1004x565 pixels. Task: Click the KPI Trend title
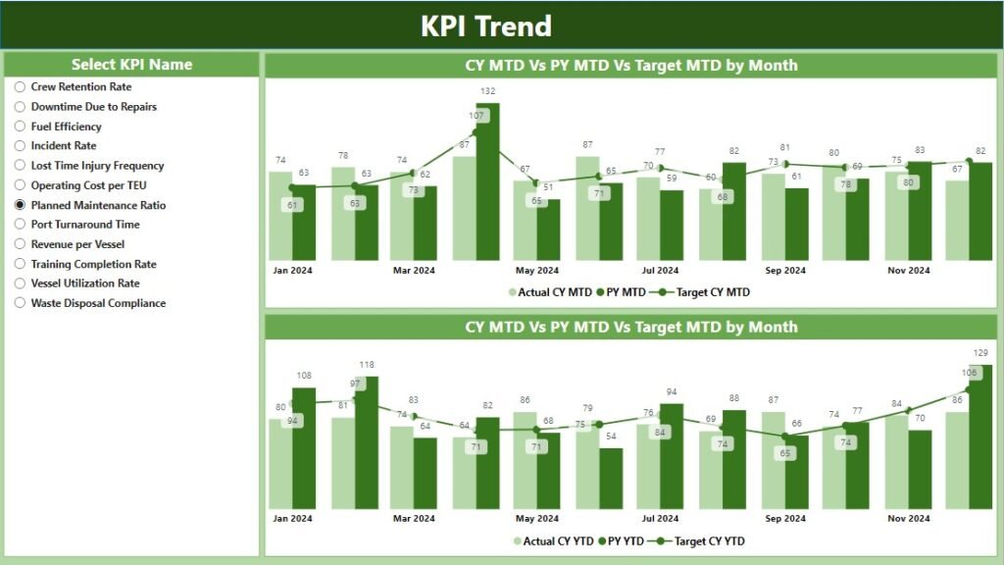coord(486,26)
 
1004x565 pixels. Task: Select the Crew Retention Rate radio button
coord(20,86)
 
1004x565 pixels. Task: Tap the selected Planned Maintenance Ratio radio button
coord(20,205)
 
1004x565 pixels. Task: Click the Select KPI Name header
coord(131,65)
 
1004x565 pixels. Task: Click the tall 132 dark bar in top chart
coord(487,186)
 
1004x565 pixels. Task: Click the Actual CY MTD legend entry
coord(551,291)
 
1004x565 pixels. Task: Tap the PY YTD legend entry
coord(622,540)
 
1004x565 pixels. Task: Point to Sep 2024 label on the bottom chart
coord(784,519)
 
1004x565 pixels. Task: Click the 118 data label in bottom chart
coord(366,365)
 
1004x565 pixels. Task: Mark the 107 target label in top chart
coord(477,116)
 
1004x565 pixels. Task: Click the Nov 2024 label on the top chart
coord(908,270)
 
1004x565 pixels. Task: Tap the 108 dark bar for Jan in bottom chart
coord(304,451)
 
